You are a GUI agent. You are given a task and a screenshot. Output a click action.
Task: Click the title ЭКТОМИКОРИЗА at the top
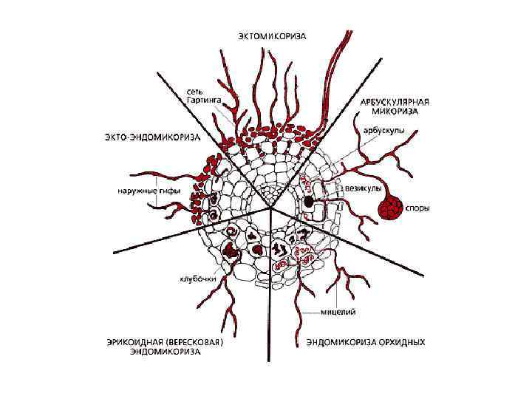pyautogui.click(x=272, y=35)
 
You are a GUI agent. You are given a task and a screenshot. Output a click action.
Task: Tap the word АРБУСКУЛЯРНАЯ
pyautogui.click(x=395, y=101)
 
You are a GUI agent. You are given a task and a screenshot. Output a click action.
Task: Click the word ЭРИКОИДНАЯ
pyautogui.click(x=132, y=342)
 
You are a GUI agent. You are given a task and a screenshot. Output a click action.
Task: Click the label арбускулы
pyautogui.click(x=383, y=129)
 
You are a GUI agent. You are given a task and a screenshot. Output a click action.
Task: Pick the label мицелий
pyautogui.click(x=338, y=312)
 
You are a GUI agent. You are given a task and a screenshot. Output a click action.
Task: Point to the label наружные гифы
pyautogui.click(x=142, y=188)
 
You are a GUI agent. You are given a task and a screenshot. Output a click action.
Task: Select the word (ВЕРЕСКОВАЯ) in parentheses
pyautogui.click(x=194, y=342)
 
